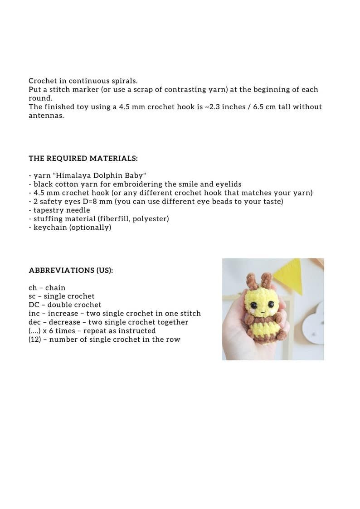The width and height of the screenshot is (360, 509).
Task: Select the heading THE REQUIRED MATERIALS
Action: click(83, 158)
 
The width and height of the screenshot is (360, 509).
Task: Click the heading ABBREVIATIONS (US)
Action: click(71, 270)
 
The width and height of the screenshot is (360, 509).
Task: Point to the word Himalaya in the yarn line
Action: click(73, 175)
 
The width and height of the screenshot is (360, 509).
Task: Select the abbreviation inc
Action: click(34, 313)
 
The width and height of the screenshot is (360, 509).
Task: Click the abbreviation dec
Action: click(35, 322)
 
